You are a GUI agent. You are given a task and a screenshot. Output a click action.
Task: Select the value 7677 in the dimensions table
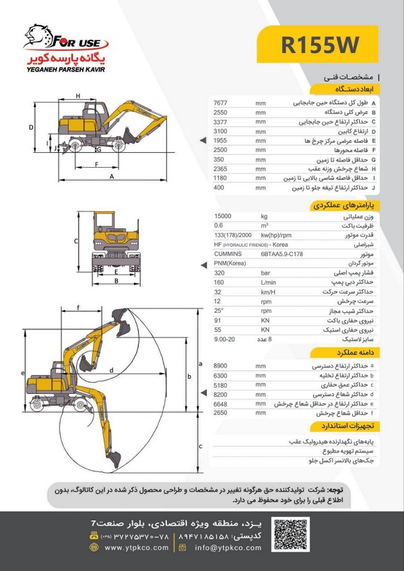(222, 102)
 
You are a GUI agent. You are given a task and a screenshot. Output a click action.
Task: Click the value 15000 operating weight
(222, 216)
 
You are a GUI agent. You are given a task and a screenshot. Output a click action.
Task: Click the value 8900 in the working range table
(222, 366)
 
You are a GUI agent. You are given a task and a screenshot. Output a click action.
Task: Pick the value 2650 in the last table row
(222, 413)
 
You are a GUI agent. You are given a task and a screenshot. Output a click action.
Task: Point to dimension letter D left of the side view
(31, 127)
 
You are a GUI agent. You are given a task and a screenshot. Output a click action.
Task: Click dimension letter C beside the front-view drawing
(76, 240)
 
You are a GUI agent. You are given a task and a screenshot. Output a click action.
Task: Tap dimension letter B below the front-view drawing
(116, 281)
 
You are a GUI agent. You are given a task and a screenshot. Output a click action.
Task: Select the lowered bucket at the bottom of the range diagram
(113, 460)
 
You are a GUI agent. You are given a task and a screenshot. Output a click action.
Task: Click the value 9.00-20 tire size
(224, 340)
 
